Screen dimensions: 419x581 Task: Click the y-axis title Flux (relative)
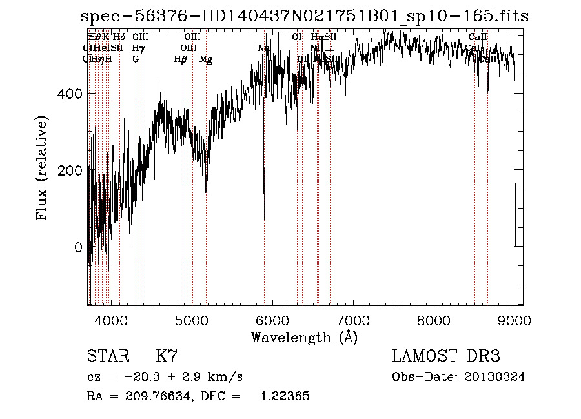pos(43,170)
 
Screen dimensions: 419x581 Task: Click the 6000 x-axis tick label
pos(272,319)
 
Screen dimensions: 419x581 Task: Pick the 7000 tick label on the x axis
pos(352,319)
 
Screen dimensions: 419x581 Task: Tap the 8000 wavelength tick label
pos(433,319)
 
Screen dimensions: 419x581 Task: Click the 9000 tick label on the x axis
pos(514,319)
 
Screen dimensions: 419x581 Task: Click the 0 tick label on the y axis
pos(78,247)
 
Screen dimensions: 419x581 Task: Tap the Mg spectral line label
pos(205,59)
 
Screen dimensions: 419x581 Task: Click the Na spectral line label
pos(263,48)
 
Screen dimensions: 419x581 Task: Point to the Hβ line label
pos(180,59)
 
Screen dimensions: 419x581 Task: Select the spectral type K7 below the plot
pos(167,356)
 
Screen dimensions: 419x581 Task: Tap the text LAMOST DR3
pos(445,356)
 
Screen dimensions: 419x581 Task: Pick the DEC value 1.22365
pos(285,396)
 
